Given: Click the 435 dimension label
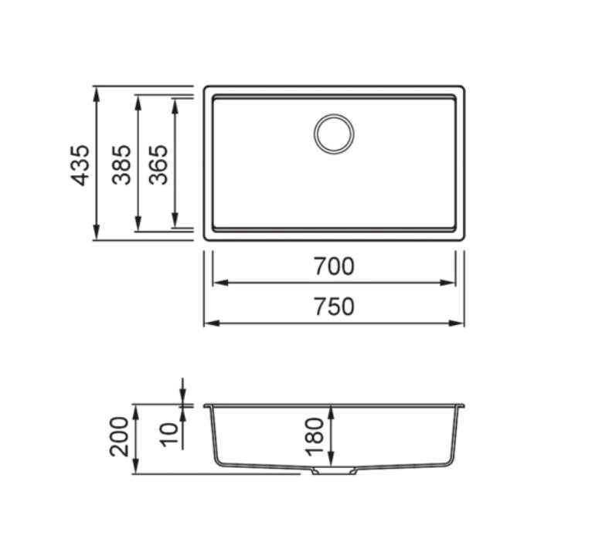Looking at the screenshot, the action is [80, 165].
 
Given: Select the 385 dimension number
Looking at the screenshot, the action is [121, 165].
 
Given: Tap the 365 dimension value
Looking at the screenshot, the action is [158, 165].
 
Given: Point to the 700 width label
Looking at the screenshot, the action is [334, 266].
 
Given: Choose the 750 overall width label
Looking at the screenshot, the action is [334, 307].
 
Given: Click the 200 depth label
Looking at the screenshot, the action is [119, 437].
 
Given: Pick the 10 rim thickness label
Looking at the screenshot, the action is [169, 435].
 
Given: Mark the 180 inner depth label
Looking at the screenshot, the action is [314, 437].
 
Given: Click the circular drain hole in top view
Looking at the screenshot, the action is [334, 134].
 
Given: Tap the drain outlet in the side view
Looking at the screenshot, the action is [335, 471].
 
